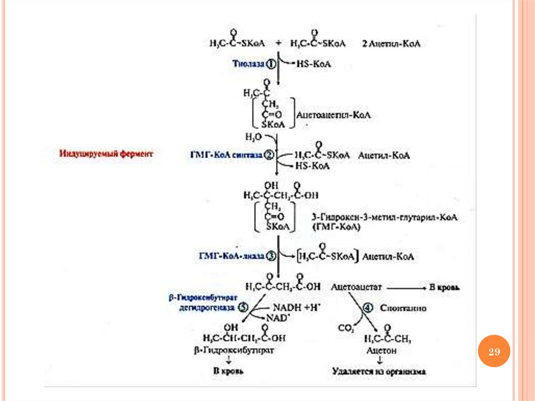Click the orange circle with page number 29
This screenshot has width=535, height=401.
494,352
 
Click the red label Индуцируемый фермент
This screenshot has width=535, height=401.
107,154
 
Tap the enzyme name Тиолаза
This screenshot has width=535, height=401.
249,64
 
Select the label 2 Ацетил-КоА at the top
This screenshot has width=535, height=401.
391,44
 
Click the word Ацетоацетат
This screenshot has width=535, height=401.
357,287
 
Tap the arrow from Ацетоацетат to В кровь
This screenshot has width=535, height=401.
405,287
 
